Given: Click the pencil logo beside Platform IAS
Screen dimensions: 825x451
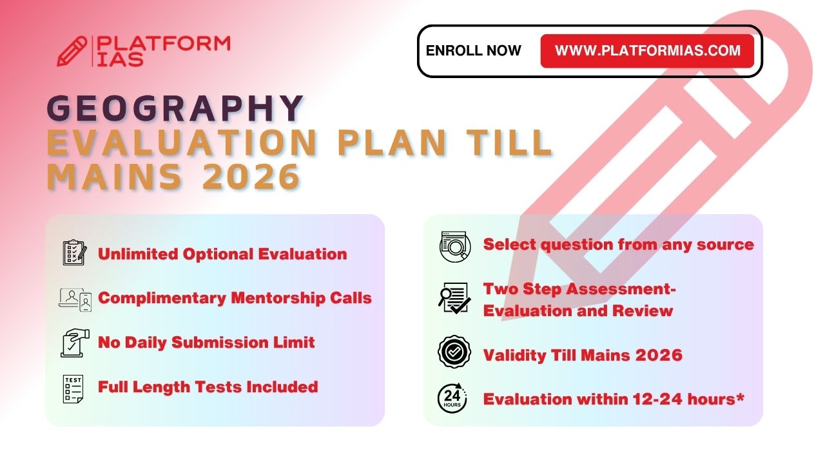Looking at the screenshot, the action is tap(72, 51).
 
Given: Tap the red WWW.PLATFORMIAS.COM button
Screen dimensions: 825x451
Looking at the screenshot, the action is tap(647, 51).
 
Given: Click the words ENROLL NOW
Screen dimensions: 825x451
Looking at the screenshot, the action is tap(473, 51).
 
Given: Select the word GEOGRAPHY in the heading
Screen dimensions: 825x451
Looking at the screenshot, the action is tap(175, 108).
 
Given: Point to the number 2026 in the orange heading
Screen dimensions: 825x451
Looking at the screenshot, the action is tap(251, 177).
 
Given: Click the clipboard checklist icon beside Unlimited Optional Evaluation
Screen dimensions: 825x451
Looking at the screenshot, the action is tap(75, 253).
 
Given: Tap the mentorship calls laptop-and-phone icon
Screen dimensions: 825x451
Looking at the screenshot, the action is tap(75, 299).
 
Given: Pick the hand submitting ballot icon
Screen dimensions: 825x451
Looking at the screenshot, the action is tap(75, 343).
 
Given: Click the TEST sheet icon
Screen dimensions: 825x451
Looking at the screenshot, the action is tap(73, 389).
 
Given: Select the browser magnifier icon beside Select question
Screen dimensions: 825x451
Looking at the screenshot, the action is tap(455, 246).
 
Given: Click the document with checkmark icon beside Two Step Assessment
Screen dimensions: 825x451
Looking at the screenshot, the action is tap(454, 298).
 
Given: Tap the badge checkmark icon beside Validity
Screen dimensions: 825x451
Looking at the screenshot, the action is tap(454, 352).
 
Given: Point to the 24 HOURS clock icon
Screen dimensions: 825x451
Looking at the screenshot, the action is tap(452, 398).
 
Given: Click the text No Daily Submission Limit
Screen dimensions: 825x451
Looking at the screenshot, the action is tap(206, 343).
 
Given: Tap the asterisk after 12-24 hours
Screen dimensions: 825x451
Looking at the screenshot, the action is tap(739, 397).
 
